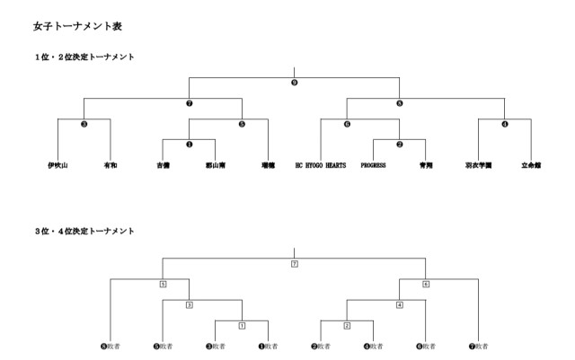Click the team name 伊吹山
click(58, 166)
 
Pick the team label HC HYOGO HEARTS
click(320, 166)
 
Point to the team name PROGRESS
click(373, 166)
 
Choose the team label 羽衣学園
click(478, 166)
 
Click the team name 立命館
click(531, 166)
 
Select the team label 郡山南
click(215, 166)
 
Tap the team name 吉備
click(163, 166)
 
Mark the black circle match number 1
click(189, 143)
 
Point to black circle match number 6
click(347, 123)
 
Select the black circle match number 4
click(504, 123)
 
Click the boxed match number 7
click(294, 264)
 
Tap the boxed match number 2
click(347, 324)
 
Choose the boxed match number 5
click(163, 284)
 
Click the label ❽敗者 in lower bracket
click(110, 346)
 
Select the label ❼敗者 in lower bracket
click(478, 346)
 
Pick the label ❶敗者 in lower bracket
click(268, 346)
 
